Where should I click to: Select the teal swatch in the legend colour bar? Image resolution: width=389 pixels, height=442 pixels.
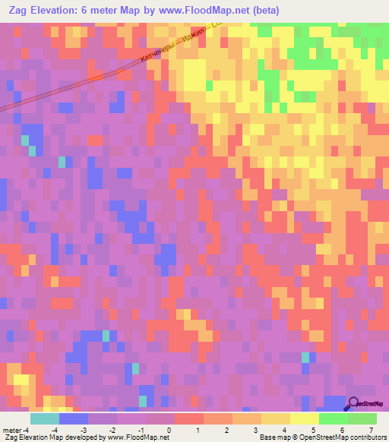tap(45, 418)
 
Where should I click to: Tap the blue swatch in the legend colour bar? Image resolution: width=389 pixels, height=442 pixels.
tap(74, 418)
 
